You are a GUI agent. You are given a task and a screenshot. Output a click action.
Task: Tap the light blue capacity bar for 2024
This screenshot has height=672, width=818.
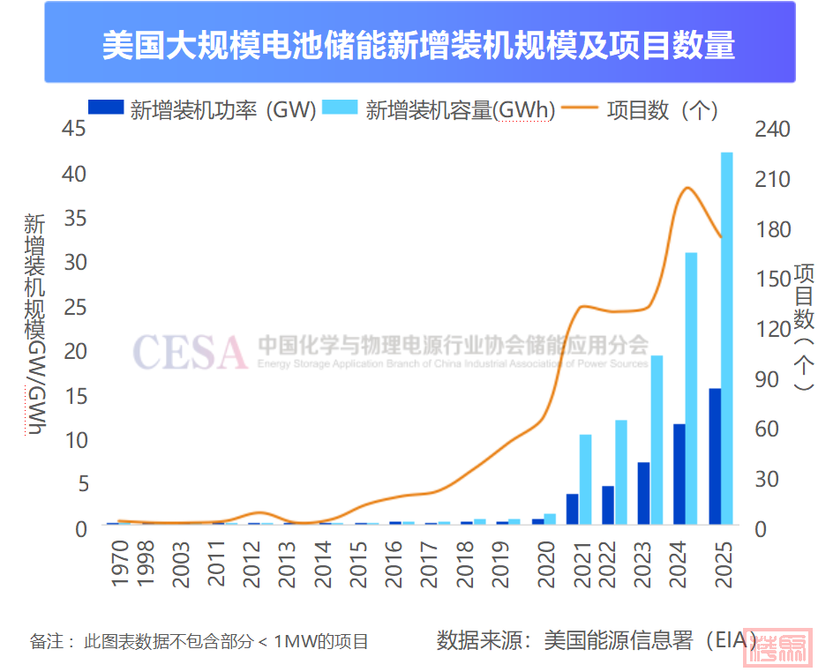click(692, 388)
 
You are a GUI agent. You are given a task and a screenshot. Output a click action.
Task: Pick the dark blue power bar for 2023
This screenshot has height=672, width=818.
click(644, 493)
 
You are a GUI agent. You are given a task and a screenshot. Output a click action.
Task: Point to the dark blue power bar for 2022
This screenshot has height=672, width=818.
click(608, 504)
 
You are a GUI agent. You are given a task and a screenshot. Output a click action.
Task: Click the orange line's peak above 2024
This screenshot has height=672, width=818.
click(686, 188)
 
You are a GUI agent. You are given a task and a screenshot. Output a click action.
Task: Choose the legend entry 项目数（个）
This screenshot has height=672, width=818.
click(662, 109)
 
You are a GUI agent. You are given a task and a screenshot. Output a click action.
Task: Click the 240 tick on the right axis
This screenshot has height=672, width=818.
click(774, 129)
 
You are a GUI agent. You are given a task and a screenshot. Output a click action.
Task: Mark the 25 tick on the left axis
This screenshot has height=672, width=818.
click(75, 307)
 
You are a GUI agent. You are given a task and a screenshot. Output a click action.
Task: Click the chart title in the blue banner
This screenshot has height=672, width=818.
click(418, 45)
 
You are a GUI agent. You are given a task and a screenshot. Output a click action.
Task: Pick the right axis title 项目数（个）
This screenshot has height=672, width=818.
click(802, 326)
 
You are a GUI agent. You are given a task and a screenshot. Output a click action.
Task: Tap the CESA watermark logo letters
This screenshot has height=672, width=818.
click(190, 351)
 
